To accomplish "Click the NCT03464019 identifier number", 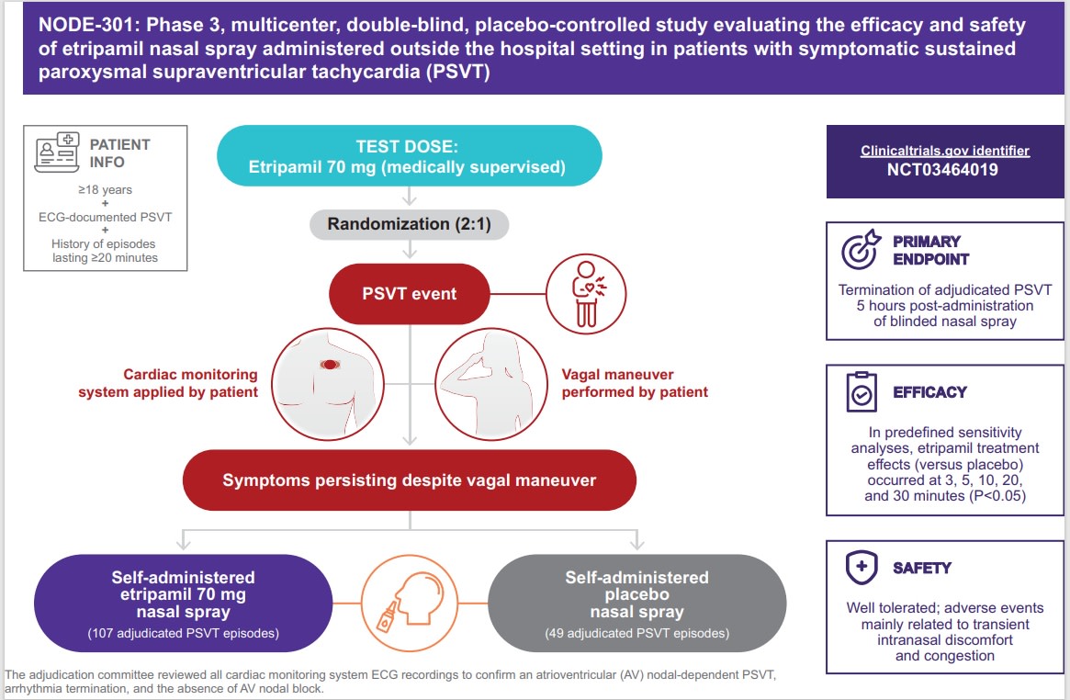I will pos(944,170).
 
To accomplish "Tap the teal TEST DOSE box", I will pos(409,156).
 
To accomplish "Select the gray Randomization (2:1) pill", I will pos(408,225).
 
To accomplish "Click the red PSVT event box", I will pos(409,294).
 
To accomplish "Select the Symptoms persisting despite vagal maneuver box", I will pos(409,480).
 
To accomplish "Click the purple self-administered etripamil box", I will pos(183,601).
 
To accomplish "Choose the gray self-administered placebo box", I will pos(636,601).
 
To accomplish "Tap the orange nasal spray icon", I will pos(410,601).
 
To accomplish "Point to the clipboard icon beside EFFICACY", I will pos(862,391).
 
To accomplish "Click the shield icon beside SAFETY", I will pos(862,567).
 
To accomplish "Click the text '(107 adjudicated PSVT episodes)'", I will pos(183,634).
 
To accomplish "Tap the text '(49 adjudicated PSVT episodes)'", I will pos(636,634).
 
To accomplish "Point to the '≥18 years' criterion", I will pos(107,190).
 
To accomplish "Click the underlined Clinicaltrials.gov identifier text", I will pos(944,151).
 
